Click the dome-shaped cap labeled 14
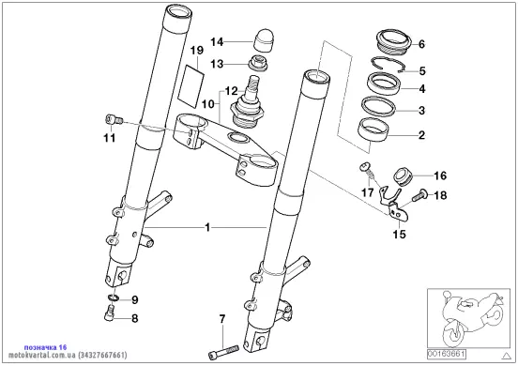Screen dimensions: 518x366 (x=262, y=39)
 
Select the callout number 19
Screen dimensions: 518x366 (x=197, y=51)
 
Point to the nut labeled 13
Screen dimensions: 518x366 (x=258, y=63)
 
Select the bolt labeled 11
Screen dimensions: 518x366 (x=114, y=120)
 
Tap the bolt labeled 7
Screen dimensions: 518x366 (x=223, y=352)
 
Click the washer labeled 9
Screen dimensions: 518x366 (x=114, y=297)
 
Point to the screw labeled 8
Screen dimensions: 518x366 (x=110, y=313)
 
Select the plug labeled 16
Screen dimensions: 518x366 (x=403, y=176)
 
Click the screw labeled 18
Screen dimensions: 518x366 (x=419, y=195)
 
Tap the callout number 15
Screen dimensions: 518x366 (x=399, y=235)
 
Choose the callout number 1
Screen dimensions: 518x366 (x=207, y=228)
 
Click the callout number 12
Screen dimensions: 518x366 (x=231, y=90)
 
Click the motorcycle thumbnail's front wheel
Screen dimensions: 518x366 (x=454, y=333)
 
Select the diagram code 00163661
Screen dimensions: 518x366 (x=447, y=354)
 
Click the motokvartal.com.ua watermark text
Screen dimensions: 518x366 (x=68, y=356)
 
